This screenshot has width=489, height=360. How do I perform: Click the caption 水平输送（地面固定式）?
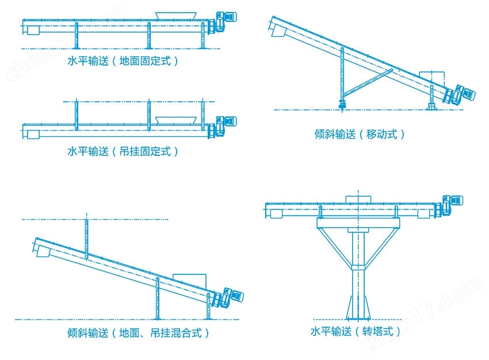coord(123,61)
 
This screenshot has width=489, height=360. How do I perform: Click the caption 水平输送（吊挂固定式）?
coord(123,151)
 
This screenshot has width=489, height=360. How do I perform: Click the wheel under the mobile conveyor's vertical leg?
coord(342,103)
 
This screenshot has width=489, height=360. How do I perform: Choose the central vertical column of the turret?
coord(357,270)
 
